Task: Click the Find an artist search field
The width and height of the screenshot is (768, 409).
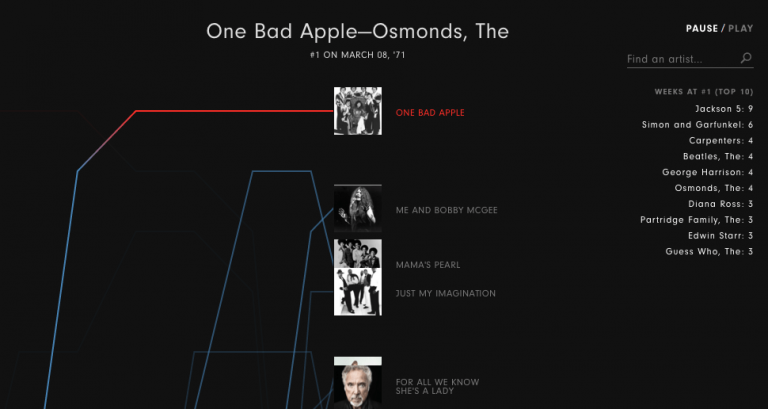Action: click(x=680, y=59)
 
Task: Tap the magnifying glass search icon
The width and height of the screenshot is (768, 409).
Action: click(x=746, y=58)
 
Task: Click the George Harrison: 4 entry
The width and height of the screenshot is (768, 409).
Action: click(x=707, y=172)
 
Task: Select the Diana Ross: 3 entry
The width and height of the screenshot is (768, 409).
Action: click(x=718, y=204)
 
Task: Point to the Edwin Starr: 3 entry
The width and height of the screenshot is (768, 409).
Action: click(x=720, y=236)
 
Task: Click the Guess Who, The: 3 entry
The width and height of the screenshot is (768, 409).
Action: click(x=709, y=252)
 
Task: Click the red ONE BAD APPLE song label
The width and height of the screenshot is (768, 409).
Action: click(x=430, y=113)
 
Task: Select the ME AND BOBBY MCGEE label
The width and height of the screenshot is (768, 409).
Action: click(x=446, y=210)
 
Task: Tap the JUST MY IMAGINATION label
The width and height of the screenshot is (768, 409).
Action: click(x=445, y=294)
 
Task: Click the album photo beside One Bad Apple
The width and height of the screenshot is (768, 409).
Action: click(x=357, y=111)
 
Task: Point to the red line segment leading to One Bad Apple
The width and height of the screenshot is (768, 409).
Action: click(x=230, y=111)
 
